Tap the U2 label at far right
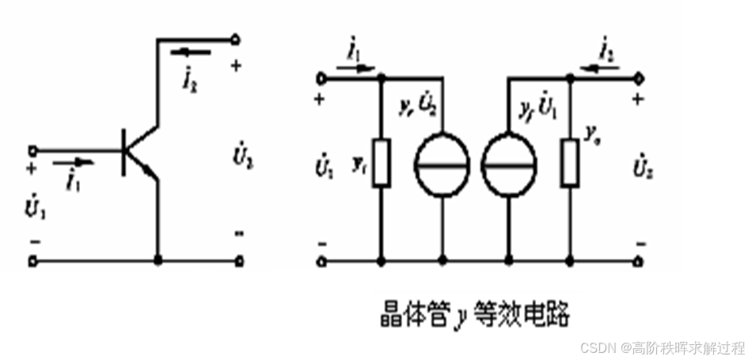click(x=643, y=169)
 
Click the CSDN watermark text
click(x=662, y=347)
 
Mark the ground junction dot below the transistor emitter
click(x=158, y=260)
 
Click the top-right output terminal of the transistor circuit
click(x=235, y=39)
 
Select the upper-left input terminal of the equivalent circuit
click(x=321, y=78)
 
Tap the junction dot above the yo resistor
click(x=570, y=78)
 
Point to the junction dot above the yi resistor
click(x=382, y=78)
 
